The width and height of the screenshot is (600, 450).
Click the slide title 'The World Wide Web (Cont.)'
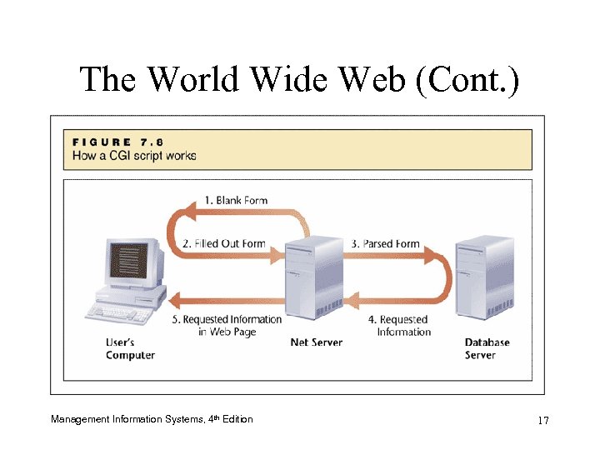coord(299,80)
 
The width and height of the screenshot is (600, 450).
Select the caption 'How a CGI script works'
coord(134,156)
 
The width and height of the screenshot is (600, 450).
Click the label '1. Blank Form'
coord(236,201)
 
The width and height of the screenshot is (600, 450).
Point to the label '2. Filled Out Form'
coord(223,244)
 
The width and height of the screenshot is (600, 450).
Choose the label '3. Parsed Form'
coord(385,244)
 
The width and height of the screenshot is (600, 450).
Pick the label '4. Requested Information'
coord(399,325)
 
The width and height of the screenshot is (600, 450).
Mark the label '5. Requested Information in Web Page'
coord(227,325)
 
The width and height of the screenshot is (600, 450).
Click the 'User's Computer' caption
coord(130,348)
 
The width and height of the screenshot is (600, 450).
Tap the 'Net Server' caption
coord(316,342)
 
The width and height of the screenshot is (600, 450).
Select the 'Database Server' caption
coord(487,348)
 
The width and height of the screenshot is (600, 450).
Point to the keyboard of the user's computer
coord(117,313)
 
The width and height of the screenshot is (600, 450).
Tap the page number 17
coord(542,420)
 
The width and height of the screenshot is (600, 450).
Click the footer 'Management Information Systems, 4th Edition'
coord(152,419)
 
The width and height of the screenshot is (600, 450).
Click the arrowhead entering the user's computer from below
coord(173,298)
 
